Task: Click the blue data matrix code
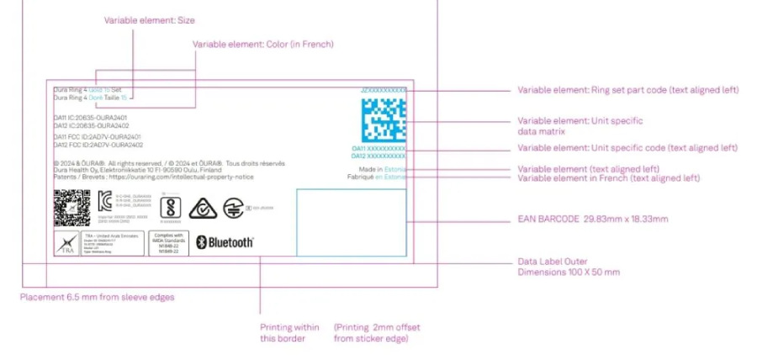[x=384, y=119]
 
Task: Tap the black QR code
[x=71, y=208]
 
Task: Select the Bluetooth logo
[x=225, y=242]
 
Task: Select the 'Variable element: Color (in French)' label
[x=263, y=44]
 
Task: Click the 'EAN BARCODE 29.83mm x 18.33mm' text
[x=592, y=219]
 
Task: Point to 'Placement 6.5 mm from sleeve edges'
[x=97, y=296]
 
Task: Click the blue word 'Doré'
[x=95, y=98]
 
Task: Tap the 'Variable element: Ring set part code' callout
[x=627, y=90]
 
